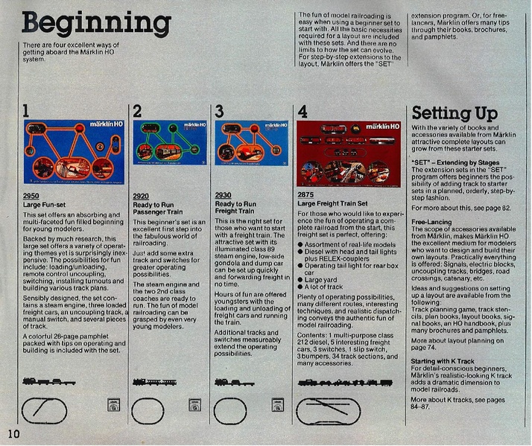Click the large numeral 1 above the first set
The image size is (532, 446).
coord(26,112)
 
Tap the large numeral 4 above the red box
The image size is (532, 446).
coord(303,112)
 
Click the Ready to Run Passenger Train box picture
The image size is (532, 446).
coord(170,143)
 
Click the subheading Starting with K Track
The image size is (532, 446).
coord(443,360)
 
